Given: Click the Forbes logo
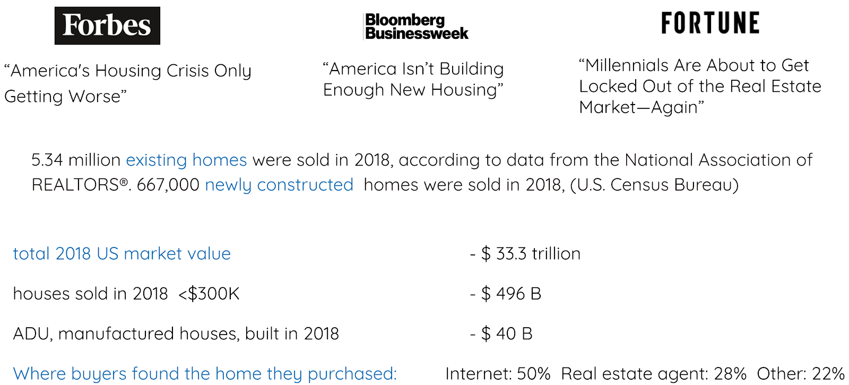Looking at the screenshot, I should point(107,25).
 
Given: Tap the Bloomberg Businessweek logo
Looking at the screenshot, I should point(416,27).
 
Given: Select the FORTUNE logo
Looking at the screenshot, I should point(710,23).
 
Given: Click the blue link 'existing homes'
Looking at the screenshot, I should point(186,160).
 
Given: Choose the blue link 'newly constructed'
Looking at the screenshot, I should point(279,185).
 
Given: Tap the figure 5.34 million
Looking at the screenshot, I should point(76,160).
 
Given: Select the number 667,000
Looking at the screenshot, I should point(168,185).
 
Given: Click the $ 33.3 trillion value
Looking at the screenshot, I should point(531,254).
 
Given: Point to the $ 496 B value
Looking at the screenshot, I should point(511,294).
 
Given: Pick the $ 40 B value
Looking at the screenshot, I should point(507,333).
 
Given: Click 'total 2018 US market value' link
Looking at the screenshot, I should point(122,254).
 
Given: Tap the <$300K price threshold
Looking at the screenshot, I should point(209,294).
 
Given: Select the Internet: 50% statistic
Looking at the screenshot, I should point(498,374).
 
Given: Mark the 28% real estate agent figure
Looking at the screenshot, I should point(730,374).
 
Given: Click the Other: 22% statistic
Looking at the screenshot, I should point(800,374).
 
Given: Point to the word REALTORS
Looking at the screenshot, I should point(75,185).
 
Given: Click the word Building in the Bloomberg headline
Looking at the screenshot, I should point(471,69).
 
